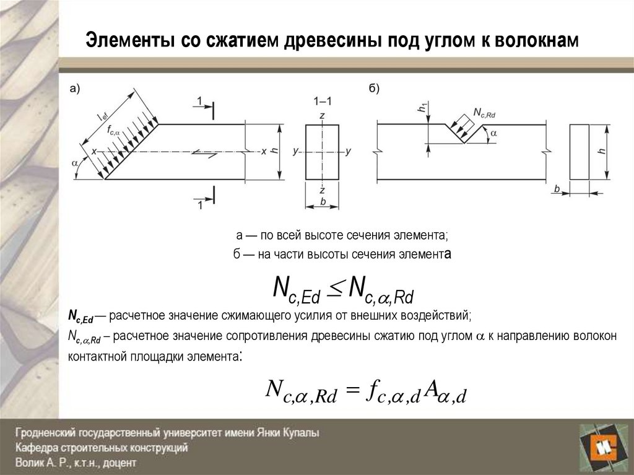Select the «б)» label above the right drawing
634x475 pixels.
(375, 89)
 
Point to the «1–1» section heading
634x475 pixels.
(323, 100)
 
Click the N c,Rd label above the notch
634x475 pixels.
(484, 111)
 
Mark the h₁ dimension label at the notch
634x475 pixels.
(422, 108)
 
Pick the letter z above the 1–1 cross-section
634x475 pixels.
(323, 115)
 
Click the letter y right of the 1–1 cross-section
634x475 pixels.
(349, 151)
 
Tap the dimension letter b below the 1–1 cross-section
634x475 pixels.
(323, 201)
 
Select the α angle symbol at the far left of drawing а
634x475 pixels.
(75, 163)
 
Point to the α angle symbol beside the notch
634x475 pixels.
(493, 133)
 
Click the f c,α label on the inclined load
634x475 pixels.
(113, 130)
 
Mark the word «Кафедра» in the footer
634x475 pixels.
(37, 447)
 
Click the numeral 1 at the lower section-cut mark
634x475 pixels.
(199, 205)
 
